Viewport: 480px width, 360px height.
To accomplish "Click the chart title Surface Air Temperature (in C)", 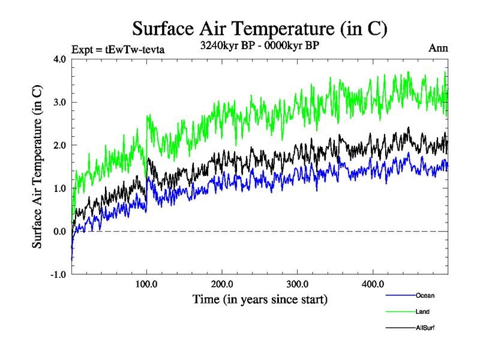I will tap(260, 28).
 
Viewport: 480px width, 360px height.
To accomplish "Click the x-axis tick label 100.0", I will tap(147, 284).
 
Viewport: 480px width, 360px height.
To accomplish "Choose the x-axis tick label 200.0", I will tap(222, 284).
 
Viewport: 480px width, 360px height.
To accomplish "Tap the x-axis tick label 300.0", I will tap(298, 284).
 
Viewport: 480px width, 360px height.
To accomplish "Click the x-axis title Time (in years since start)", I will tap(260, 298).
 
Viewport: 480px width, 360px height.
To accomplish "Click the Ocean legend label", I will tap(425, 295).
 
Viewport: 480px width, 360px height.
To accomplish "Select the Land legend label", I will tap(422, 311).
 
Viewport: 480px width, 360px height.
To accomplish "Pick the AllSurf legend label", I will tap(425, 328).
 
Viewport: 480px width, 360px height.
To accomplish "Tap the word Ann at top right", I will tap(438, 49).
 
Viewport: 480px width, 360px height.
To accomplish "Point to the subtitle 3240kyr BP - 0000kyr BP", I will tap(260, 45).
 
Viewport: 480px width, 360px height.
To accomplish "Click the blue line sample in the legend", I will tap(400, 295).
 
